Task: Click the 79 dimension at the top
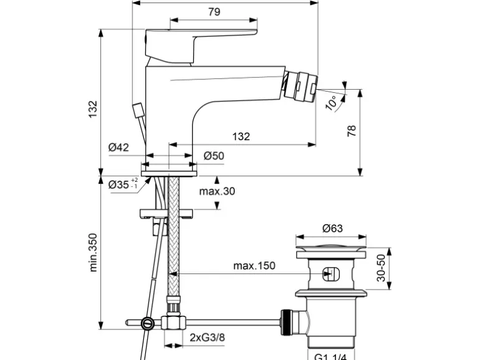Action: coord(214,12)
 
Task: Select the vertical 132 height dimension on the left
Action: coord(91,108)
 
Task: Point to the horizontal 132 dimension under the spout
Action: coord(241,136)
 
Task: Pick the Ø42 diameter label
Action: coord(118,148)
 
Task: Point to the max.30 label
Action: coord(217,191)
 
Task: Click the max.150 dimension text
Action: coord(254,266)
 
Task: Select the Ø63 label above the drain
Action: coord(332,229)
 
